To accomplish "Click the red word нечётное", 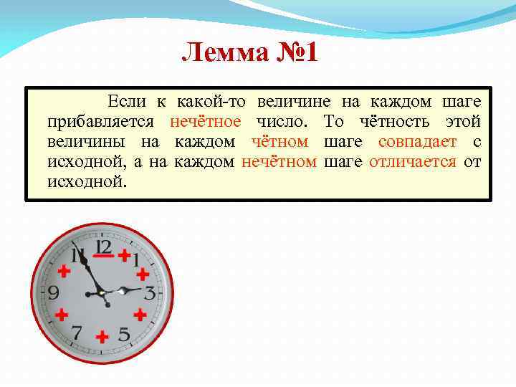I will [x=206, y=122].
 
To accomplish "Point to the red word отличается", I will [x=413, y=161].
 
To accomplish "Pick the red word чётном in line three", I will [x=279, y=142].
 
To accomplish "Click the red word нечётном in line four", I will [x=279, y=161].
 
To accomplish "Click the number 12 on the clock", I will [x=104, y=248].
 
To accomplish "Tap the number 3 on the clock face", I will [x=149, y=292].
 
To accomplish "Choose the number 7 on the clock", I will [x=77, y=333].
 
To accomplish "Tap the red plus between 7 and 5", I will [x=102, y=336].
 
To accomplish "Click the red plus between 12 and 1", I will [x=125, y=254].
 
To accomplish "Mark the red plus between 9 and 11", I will [x=64, y=272].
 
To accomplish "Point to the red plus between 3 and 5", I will [x=140, y=314].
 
